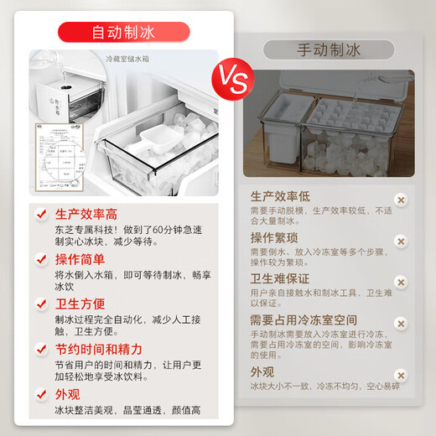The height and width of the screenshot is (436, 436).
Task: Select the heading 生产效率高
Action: [x=87, y=215]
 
